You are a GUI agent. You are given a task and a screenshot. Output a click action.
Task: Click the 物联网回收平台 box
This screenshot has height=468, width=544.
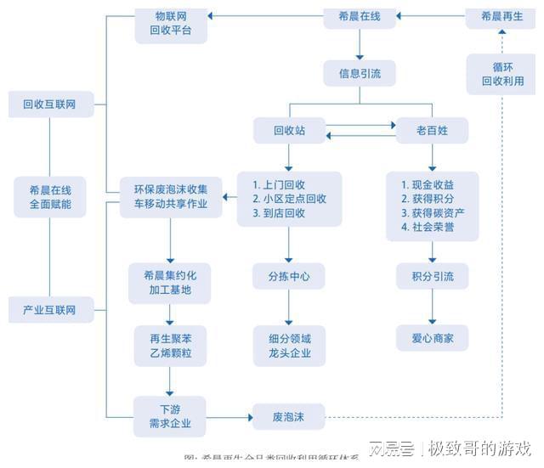click(170, 23)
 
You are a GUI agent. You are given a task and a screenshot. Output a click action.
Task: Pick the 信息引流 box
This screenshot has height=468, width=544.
click(360, 74)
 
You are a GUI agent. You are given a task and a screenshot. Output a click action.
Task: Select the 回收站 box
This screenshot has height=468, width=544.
click(289, 131)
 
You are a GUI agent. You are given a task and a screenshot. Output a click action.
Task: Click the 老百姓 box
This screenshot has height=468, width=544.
click(431, 131)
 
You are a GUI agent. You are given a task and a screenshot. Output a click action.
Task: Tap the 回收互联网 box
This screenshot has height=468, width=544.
click(49, 104)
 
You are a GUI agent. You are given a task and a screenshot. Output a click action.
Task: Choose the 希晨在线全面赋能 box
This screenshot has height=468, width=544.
click(49, 197)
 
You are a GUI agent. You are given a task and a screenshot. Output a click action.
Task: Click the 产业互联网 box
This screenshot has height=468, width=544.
click(49, 310)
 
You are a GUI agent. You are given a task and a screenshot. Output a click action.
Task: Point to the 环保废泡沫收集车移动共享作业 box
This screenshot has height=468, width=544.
click(170, 195)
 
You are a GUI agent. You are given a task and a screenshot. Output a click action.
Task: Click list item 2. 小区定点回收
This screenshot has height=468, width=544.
click(290, 199)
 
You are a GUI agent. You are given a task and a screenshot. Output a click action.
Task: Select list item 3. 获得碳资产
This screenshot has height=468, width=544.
click(433, 212)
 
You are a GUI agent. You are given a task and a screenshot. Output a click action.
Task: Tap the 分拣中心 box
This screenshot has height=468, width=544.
click(289, 277)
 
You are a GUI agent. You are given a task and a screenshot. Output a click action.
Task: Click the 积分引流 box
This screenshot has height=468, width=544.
click(432, 277)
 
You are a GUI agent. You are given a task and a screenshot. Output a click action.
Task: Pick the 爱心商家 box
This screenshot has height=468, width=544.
click(432, 338)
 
